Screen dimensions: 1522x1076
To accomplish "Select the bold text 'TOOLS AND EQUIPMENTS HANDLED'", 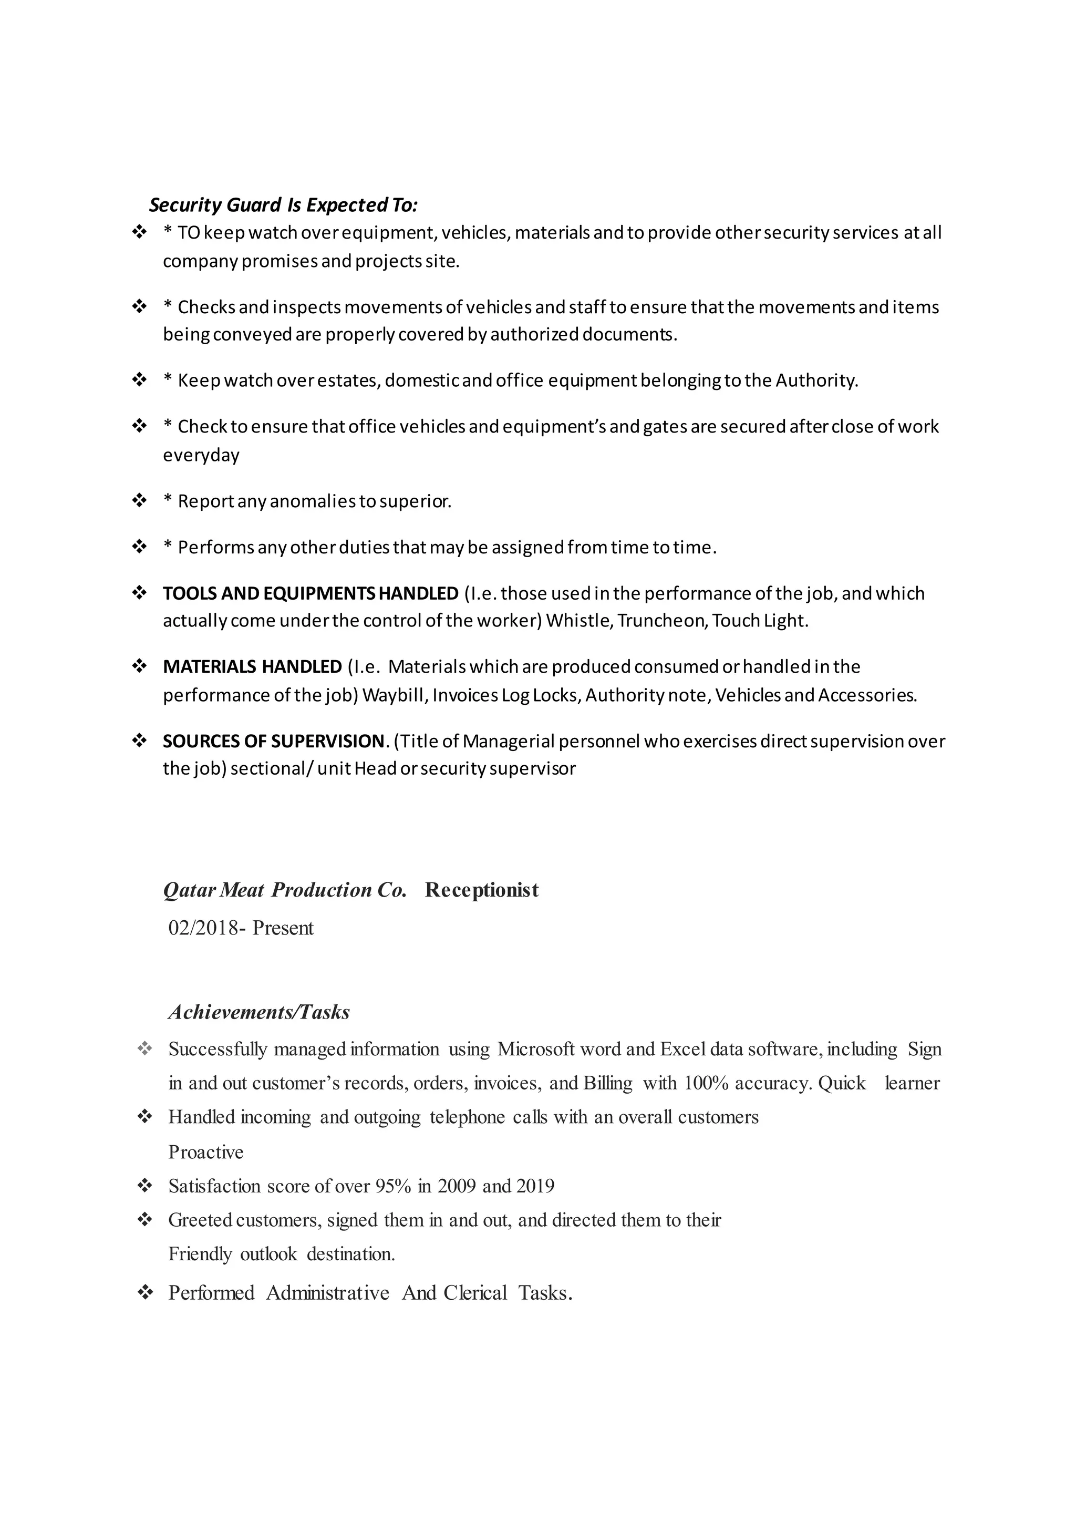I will pos(310,593).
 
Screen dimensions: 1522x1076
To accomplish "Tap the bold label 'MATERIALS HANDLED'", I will pos(252,667).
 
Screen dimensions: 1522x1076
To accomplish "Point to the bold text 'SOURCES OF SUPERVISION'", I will pos(273,741).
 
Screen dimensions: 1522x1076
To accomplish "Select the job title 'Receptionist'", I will pos(482,890).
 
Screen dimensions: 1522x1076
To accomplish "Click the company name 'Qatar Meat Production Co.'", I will pos(285,890).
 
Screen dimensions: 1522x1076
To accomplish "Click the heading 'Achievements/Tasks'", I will pos(259,1012).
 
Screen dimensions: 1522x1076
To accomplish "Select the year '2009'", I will pos(457,1186).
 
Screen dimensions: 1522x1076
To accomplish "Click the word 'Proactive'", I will pos(206,1152).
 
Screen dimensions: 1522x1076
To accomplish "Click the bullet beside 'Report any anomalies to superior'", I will pos(140,500).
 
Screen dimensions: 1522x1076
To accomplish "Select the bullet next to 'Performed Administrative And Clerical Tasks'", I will pos(144,1292).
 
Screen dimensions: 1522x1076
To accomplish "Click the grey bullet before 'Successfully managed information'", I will pos(144,1048).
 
